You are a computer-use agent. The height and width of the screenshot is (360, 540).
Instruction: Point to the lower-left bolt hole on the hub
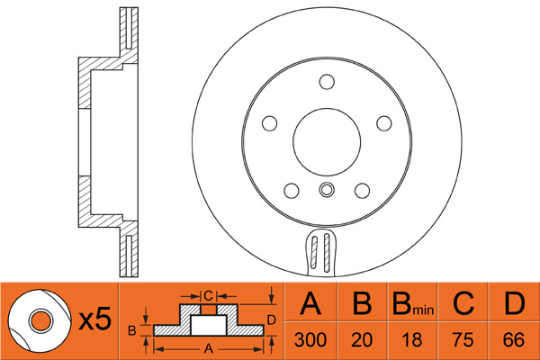[x=291, y=190]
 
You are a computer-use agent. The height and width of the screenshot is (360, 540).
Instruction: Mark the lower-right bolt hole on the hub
[x=363, y=190]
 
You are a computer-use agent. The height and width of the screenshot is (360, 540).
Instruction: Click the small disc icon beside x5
[x=39, y=320]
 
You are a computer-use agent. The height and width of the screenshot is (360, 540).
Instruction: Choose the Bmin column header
[x=411, y=305]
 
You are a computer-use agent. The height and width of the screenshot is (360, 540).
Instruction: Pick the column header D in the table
[x=514, y=305]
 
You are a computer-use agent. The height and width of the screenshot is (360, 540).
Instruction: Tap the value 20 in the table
[x=360, y=341]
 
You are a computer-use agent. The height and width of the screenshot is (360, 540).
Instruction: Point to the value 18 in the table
[x=411, y=341]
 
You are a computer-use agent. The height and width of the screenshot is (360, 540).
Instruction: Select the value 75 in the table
[x=463, y=341]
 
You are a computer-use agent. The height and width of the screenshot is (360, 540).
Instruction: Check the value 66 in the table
[x=514, y=341]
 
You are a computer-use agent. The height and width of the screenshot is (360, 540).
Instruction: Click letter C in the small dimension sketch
[x=207, y=294]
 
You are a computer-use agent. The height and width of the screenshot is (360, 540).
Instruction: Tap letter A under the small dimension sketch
[x=209, y=346]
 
